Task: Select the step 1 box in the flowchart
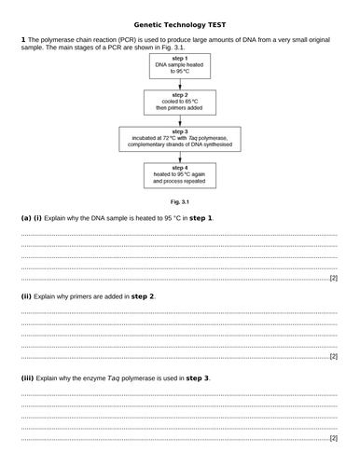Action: [x=180, y=69]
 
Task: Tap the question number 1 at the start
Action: [x=22, y=38]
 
